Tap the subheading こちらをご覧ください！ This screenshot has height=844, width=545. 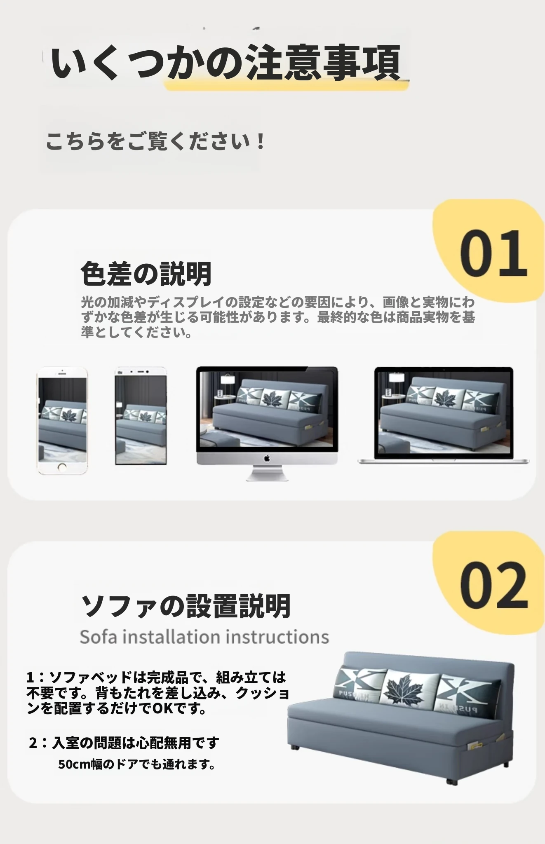point(155,141)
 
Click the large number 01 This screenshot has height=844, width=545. point(493,253)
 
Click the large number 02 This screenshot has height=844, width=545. point(494,585)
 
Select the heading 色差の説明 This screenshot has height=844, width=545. point(146,274)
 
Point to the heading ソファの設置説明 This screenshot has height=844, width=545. point(186,606)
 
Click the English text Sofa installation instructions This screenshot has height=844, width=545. point(204,637)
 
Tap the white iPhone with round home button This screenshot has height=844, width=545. point(62,421)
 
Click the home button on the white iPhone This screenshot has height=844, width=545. point(62,468)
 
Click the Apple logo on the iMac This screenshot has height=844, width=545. point(267,458)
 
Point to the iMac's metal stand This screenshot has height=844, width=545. point(267,473)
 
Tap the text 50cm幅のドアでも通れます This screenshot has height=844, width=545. point(136,764)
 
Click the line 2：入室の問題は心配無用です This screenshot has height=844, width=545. point(124,743)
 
